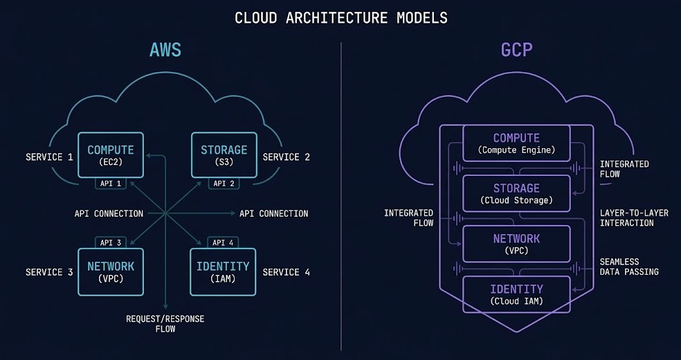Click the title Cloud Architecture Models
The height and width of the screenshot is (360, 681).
tap(340, 17)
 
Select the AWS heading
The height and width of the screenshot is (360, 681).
tap(165, 51)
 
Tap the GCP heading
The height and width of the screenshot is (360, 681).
tap(516, 51)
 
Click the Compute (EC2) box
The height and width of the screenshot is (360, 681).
tap(111, 156)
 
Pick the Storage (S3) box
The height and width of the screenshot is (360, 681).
tap(224, 156)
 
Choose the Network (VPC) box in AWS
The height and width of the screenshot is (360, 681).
tap(111, 271)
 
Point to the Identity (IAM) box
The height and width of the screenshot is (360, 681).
tap(224, 271)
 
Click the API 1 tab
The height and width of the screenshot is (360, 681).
tap(111, 183)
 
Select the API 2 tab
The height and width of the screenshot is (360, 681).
tap(224, 183)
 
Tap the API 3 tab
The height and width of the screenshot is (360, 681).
tap(111, 242)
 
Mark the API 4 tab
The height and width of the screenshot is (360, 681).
tap(224, 242)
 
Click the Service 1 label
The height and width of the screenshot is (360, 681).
tap(49, 157)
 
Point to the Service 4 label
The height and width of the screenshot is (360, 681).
tap(286, 272)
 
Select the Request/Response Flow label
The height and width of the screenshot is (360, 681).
tap(165, 323)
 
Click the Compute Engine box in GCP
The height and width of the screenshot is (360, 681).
tap(516, 143)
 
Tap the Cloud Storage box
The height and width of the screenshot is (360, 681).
tap(516, 194)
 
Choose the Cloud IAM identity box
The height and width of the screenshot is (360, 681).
tap(516, 294)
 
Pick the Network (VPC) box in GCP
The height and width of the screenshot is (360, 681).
tap(516, 244)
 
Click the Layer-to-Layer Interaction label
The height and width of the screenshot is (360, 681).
tap(634, 218)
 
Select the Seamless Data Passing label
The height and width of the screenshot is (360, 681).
tap(629, 267)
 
